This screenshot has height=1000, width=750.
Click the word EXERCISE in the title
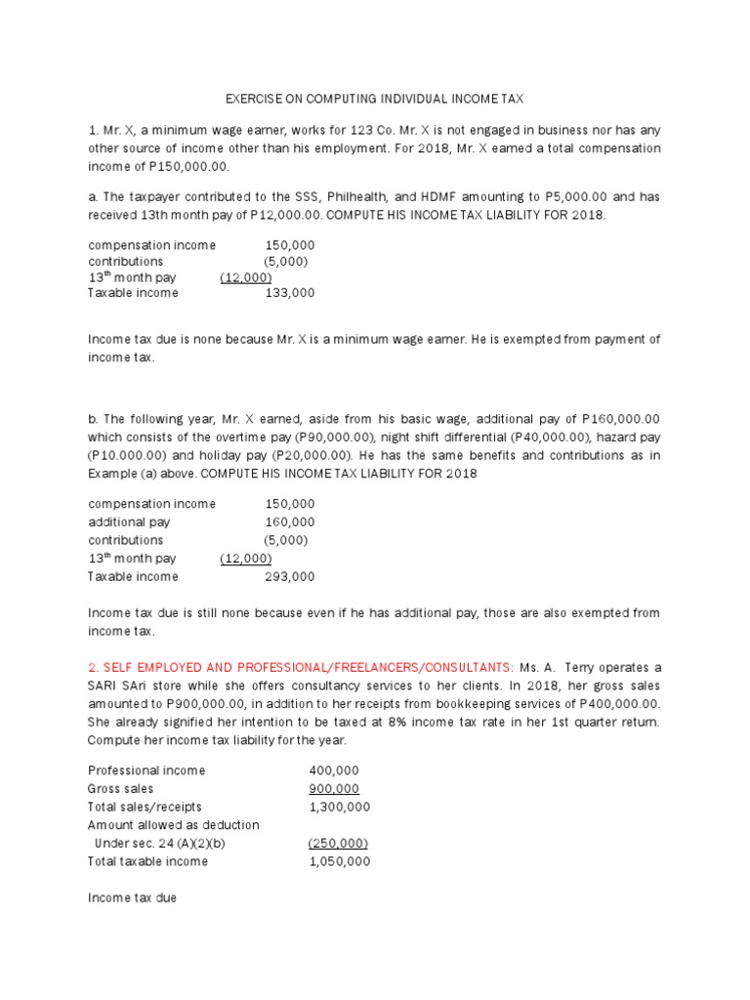[256, 99]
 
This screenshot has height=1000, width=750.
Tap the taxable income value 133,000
[290, 292]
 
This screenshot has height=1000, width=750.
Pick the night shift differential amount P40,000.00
[546, 437]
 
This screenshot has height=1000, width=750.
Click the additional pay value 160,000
[290, 522]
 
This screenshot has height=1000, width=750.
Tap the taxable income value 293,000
[290, 576]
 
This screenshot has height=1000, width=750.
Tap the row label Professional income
[146, 771]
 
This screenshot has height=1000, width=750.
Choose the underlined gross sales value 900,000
[334, 789]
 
